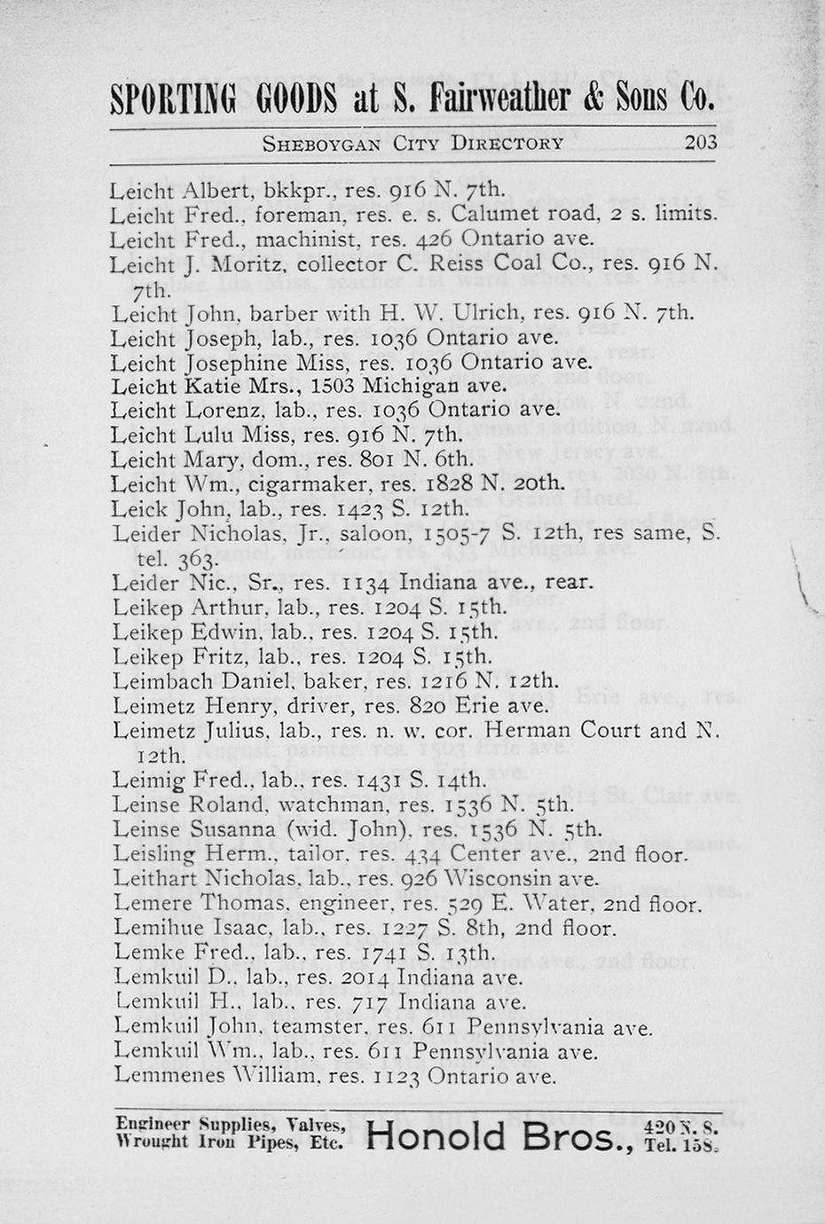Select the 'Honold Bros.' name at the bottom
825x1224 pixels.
coord(499,1136)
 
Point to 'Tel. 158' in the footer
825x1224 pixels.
coord(681,1143)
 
